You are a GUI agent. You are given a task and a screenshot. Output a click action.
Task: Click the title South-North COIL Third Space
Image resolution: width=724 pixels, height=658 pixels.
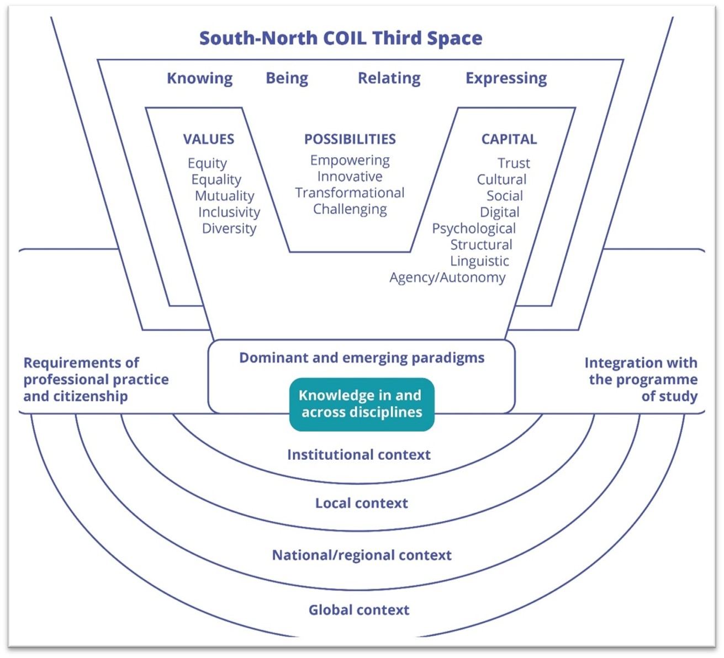point(340,38)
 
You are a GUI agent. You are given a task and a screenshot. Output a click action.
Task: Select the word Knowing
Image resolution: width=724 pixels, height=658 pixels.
point(199,78)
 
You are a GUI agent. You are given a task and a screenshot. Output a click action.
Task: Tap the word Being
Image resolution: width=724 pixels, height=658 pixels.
point(287,78)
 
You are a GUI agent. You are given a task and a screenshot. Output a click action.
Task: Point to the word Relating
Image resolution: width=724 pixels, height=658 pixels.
point(389,78)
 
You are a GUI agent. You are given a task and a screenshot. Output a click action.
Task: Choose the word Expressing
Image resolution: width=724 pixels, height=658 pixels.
point(506,78)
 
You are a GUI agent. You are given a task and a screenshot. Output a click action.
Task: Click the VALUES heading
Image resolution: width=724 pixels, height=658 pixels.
point(208,139)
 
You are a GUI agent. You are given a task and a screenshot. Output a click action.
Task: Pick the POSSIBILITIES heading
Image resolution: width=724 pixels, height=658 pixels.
point(350,139)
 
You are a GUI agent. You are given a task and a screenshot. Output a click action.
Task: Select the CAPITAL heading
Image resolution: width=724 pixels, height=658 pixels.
point(509,139)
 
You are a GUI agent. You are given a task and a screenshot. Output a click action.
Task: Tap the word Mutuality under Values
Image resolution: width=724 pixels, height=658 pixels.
point(224,196)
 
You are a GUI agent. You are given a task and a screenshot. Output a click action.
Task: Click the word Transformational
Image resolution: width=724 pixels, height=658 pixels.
point(350,193)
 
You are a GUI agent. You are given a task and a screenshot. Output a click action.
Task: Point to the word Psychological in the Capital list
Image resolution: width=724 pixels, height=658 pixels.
point(473,229)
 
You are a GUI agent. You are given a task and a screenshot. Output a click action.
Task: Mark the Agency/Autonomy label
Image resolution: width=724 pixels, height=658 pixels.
point(447,277)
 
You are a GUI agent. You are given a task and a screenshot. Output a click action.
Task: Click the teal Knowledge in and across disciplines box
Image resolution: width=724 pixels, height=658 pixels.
point(362,404)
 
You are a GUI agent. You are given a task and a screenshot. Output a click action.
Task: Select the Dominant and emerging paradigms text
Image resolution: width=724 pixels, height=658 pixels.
point(362,358)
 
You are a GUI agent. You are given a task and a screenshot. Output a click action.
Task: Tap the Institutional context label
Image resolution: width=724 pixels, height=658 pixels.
point(358,455)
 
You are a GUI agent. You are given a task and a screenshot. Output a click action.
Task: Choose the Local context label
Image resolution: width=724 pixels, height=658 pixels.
point(361,503)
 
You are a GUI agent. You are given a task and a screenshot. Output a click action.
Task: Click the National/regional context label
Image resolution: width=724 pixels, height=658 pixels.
point(361,555)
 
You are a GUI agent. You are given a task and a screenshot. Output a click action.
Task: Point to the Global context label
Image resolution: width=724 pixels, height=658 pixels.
point(358,610)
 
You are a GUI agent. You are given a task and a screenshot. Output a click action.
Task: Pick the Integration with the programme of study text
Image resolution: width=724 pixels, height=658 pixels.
point(642,379)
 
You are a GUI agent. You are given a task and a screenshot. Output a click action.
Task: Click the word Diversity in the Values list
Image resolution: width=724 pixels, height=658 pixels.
point(229,229)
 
